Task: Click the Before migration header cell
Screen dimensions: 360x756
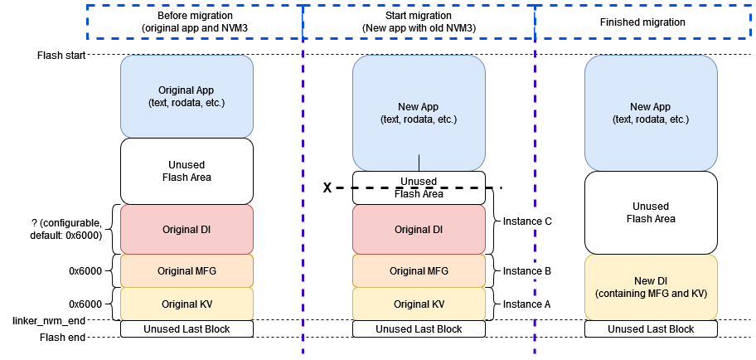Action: pyautogui.click(x=195, y=22)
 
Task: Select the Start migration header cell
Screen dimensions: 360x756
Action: pyautogui.click(x=419, y=22)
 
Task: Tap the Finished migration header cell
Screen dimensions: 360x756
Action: pyautogui.click(x=642, y=22)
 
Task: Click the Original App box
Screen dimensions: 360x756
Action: pyautogui.click(x=187, y=96)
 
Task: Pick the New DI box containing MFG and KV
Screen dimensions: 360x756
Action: pyautogui.click(x=651, y=287)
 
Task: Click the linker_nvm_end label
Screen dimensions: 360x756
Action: pyautogui.click(x=55, y=321)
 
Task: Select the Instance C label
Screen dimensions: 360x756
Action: pyautogui.click(x=535, y=221)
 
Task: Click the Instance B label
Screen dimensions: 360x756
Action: pyautogui.click(x=535, y=271)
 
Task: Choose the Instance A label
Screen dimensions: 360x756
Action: pyautogui.click(x=535, y=304)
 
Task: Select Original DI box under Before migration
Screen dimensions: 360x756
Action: pyautogui.click(x=187, y=229)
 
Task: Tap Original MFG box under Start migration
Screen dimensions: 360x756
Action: pyautogui.click(x=419, y=270)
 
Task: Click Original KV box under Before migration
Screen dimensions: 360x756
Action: pyautogui.click(x=187, y=304)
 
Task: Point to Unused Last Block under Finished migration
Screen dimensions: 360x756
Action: pyautogui.click(x=651, y=329)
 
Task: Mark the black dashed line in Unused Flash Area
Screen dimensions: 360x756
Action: pyautogui.click(x=419, y=188)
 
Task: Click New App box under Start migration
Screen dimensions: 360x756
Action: pyautogui.click(x=419, y=113)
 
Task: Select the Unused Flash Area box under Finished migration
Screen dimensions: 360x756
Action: pyautogui.click(x=651, y=212)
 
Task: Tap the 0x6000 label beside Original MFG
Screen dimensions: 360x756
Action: pyautogui.click(x=62, y=271)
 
